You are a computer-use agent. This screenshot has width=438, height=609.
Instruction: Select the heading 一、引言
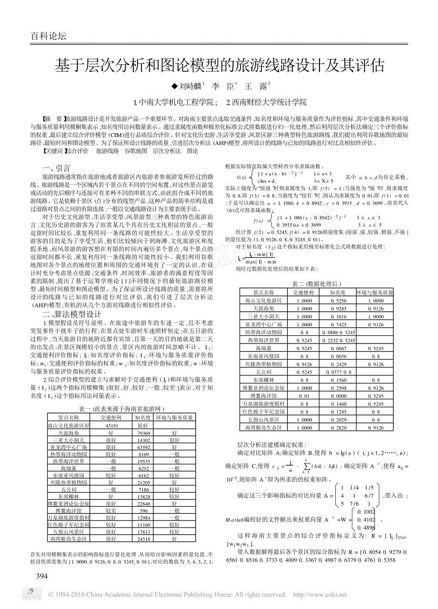tap(56, 167)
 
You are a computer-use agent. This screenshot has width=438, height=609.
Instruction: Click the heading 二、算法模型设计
tap(71, 314)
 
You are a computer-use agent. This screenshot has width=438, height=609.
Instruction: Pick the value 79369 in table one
tap(143, 433)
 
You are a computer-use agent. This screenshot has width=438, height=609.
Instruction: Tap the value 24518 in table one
tap(143, 539)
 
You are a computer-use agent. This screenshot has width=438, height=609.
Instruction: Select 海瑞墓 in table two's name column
tap(263, 348)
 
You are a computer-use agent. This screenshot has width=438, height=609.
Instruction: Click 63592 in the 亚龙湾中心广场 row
tap(143, 447)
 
